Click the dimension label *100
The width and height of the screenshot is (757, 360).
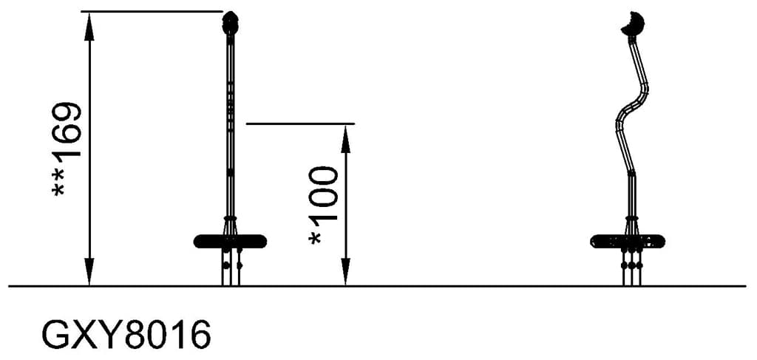pyautogui.click(x=324, y=205)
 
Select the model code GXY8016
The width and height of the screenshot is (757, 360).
pyautogui.click(x=126, y=335)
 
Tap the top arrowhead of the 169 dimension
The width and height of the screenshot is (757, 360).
pyautogui.click(x=89, y=22)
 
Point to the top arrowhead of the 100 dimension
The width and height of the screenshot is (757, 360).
pyautogui.click(x=345, y=135)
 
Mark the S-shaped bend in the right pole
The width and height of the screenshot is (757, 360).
pyautogui.click(x=633, y=111)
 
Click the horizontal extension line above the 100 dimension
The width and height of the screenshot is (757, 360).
pyautogui.click(x=299, y=123)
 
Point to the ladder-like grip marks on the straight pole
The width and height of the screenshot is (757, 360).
pyautogui.click(x=230, y=103)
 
